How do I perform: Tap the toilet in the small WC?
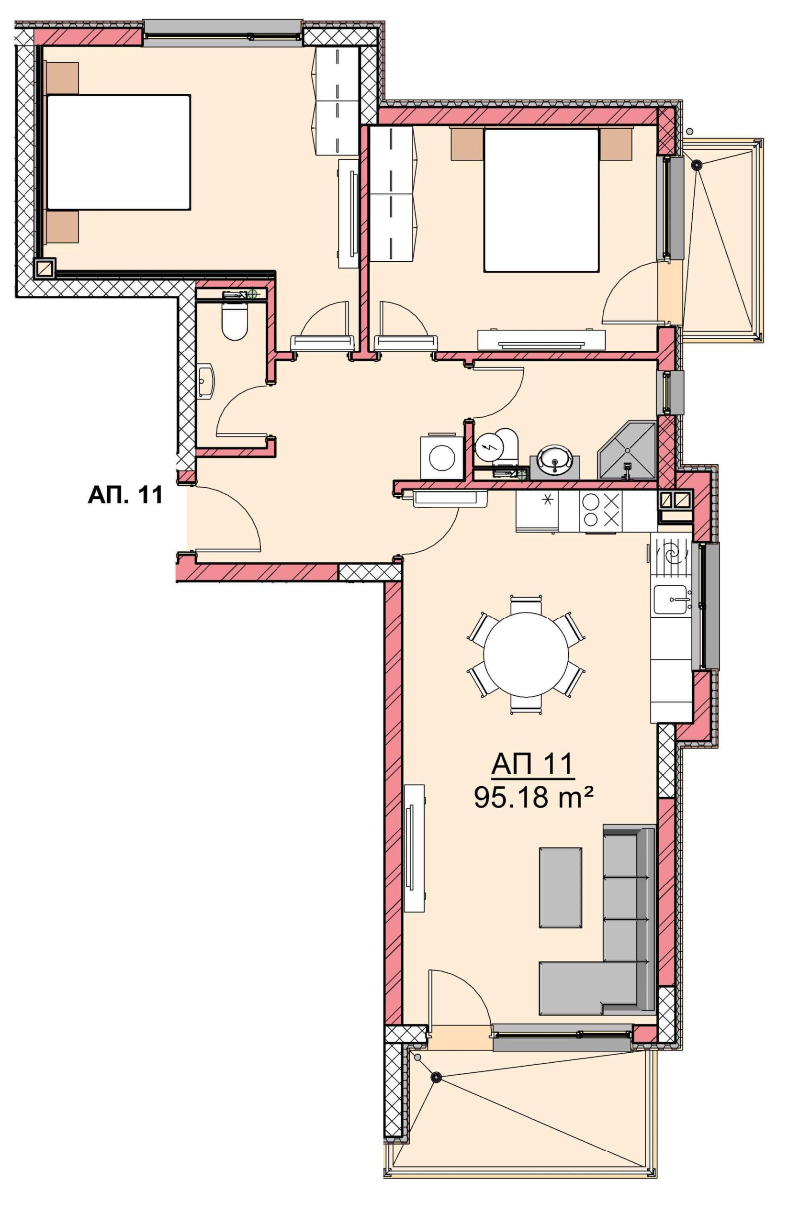[235, 322]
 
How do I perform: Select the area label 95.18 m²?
[534, 797]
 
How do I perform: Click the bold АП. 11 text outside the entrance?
[125, 495]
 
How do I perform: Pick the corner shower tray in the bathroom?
[627, 450]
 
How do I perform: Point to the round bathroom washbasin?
[555, 461]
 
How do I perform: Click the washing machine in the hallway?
[439, 457]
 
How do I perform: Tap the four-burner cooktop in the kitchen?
[600, 511]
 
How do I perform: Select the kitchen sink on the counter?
[672, 600]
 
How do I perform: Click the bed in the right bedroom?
[541, 200]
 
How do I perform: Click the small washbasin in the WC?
[206, 381]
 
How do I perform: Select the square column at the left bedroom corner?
[45, 267]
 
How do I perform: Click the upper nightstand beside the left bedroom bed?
[62, 78]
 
